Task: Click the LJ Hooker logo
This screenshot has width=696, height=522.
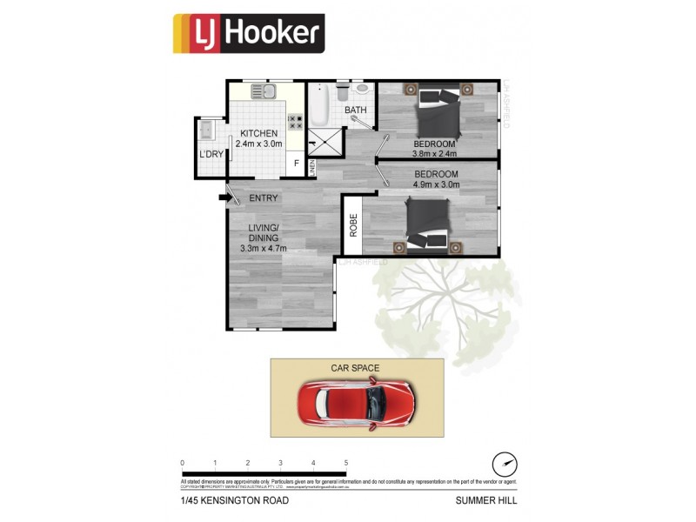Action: click(x=249, y=34)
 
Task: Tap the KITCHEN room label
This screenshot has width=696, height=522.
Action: click(x=259, y=133)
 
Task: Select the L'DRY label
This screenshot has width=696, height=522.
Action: click(x=211, y=155)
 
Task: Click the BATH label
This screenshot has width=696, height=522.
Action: click(x=355, y=110)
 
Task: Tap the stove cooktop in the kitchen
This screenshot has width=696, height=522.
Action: click(x=295, y=122)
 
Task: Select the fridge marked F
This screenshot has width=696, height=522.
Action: click(x=296, y=163)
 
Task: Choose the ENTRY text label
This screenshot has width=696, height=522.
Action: click(x=264, y=198)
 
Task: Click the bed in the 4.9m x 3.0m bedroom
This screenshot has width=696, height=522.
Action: click(x=425, y=223)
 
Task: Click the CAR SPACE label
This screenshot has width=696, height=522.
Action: click(x=355, y=368)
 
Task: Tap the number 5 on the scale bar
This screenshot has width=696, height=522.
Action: click(x=346, y=463)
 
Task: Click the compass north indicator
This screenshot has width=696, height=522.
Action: click(x=505, y=463)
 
